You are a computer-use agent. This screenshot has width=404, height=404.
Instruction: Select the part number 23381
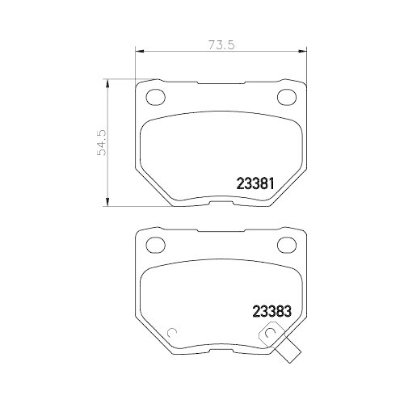pos(257,183)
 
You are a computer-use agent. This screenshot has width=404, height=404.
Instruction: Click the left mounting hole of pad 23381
pos(154,98)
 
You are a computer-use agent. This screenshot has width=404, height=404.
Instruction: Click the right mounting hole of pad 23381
pos(287,98)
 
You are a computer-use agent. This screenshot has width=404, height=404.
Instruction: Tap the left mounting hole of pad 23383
pos(154,243)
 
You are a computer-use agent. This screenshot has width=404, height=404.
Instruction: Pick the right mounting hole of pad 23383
pos(287,243)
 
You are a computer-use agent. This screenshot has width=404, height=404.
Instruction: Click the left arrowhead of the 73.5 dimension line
pos(137,53)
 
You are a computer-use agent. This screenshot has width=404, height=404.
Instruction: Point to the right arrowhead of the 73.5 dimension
pos(305,53)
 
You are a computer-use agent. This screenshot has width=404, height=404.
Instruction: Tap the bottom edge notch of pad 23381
pos(221,199)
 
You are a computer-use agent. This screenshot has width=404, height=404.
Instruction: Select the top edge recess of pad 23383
pos(221,229)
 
